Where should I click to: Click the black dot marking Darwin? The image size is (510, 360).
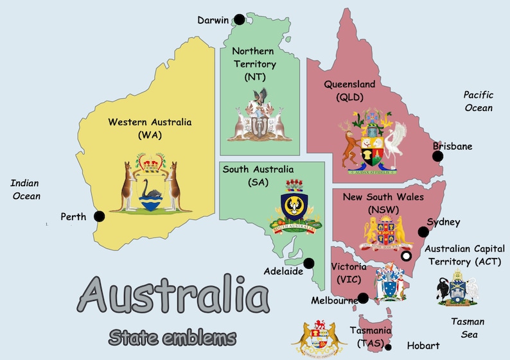240,19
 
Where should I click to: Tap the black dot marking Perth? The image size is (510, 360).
99,216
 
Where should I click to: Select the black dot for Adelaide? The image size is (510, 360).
309,263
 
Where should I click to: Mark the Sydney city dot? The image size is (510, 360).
423,232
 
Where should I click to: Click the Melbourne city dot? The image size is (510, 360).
364,298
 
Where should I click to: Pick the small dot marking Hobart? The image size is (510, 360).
388,347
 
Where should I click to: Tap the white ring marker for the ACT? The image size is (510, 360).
406,256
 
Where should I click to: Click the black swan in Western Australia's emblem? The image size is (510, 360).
152,189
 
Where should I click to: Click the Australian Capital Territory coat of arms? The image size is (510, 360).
457,289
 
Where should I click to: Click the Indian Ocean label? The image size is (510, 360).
25,190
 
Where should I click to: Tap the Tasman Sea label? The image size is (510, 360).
468,328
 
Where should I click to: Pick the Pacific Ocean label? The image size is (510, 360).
479,101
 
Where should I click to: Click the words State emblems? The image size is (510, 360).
172,336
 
